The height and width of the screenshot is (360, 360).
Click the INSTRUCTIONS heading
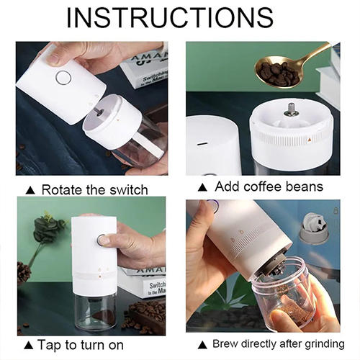pos(170,18)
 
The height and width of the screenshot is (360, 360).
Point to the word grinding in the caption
pos(325,344)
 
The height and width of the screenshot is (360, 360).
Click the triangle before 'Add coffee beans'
pos(202,187)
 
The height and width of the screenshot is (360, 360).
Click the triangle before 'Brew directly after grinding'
pos(203,345)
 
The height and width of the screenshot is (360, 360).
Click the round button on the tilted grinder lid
pos(63,78)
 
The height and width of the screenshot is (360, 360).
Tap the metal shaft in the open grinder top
pos(291,110)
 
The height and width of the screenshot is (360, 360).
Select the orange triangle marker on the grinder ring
pos(309,139)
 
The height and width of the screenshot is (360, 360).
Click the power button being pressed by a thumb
pos(102,240)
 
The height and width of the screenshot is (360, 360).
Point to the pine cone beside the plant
pos(24,274)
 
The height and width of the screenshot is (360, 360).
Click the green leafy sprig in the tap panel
pos(48,228)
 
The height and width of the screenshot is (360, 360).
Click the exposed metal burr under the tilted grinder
pos(276,265)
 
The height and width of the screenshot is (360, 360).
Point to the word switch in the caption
pos(128,189)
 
